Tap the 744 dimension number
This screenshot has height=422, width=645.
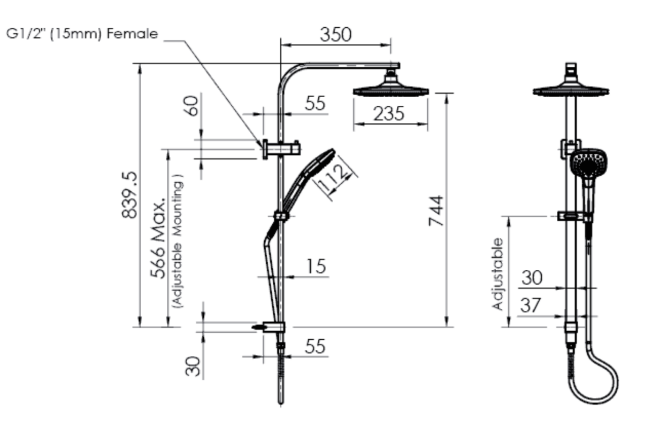click(436, 210)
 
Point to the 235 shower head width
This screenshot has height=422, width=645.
click(388, 114)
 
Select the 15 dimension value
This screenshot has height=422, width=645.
click(316, 265)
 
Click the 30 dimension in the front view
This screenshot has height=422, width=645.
click(532, 277)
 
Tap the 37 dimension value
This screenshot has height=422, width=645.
click(531, 305)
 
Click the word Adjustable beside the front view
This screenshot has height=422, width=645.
click(498, 273)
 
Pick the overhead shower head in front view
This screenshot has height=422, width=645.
click(571, 90)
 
